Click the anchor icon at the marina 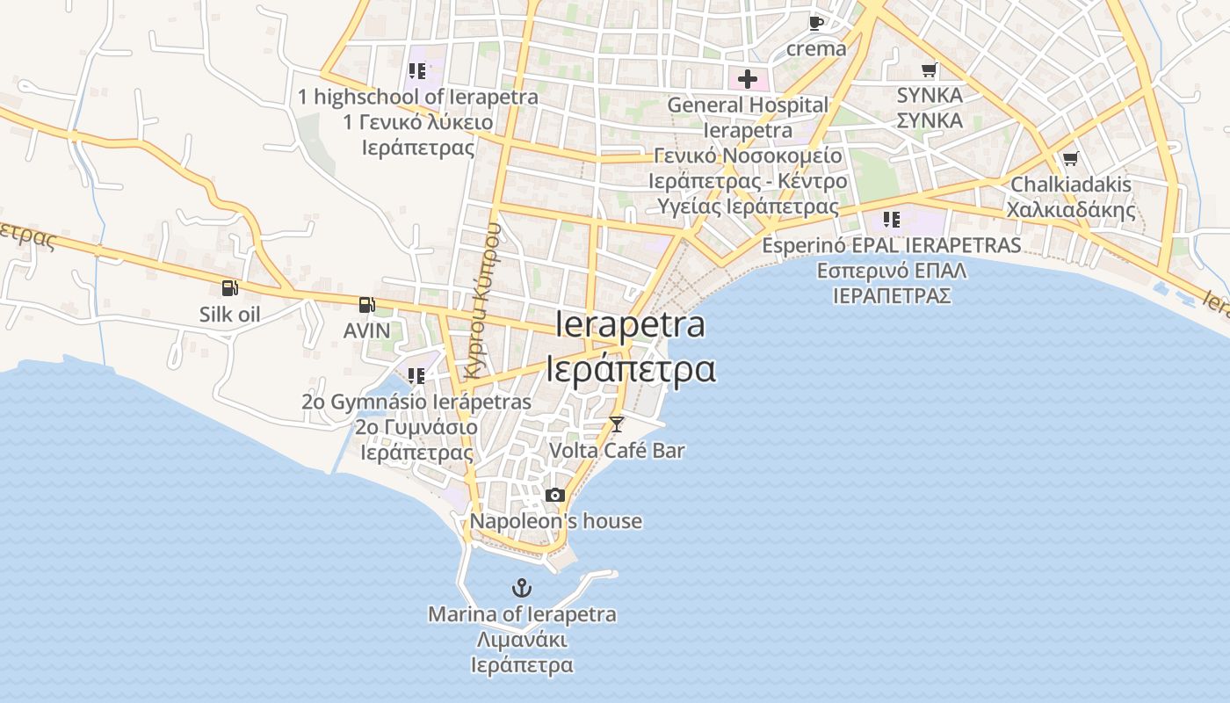pos(523,587)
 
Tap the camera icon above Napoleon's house pos(554,495)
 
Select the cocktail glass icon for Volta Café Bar pos(617,424)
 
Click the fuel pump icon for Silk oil pos(229,287)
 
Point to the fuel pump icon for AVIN pos(366,305)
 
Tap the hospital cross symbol pos(748,80)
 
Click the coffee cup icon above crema pos(816,23)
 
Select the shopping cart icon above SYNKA pos(930,69)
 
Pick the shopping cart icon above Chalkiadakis pos(1070,159)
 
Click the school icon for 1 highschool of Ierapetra pos(417,70)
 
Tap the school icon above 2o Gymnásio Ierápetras pos(416,376)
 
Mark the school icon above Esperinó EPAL pos(892,219)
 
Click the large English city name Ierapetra pos(631,325)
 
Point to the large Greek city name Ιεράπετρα pos(631,369)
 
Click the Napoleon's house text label pos(555,521)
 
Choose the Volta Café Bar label pos(617,451)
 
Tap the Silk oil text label pos(229,314)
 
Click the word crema pos(816,48)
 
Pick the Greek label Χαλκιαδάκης pos(1071,210)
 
